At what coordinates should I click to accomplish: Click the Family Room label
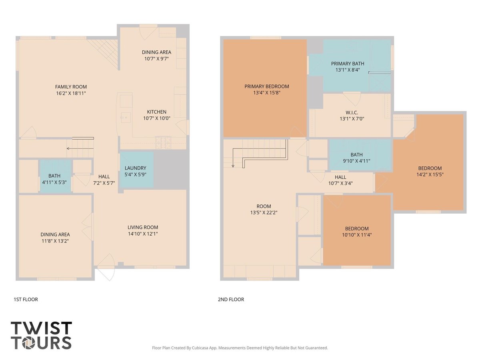[71, 87]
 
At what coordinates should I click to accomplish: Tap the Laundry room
[137, 170]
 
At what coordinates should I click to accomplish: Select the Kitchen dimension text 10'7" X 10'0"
[156, 118]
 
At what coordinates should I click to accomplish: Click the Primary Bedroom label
[266, 86]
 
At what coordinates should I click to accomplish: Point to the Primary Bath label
[348, 64]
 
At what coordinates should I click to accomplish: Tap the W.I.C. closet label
[352, 112]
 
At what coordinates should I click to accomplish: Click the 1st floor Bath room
[56, 176]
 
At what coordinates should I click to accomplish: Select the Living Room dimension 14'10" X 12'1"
[143, 234]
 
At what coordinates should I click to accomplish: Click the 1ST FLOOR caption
[26, 300]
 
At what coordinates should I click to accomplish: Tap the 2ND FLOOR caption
[231, 300]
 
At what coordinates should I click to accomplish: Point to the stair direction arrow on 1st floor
[80, 149]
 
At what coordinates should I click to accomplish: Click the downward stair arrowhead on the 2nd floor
[233, 166]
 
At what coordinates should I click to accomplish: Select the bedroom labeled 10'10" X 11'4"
[357, 230]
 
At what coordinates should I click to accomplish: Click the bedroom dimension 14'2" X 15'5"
[430, 174]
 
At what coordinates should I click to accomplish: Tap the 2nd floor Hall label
[340, 177]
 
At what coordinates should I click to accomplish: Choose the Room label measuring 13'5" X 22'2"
[264, 206]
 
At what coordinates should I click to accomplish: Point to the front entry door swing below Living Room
[106, 267]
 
